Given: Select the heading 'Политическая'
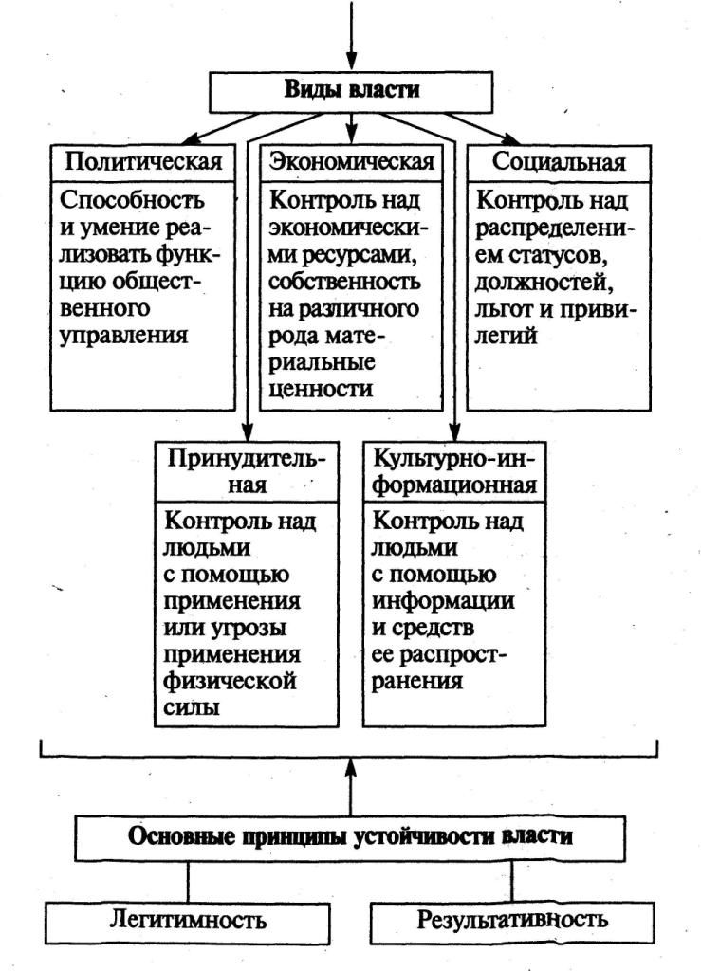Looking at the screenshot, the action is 143,161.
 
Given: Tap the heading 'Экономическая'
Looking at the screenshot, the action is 352,161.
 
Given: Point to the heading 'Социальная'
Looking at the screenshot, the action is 559,162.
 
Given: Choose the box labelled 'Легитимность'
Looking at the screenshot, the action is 188,920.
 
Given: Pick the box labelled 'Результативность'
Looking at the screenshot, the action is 512,920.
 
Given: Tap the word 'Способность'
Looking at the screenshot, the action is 132,201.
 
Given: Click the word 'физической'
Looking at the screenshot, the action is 230,682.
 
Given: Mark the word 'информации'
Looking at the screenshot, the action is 443,601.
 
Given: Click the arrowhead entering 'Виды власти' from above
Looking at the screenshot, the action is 351,61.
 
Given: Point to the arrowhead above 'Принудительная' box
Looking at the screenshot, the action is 248,431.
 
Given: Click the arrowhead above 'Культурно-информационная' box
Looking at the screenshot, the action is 455,431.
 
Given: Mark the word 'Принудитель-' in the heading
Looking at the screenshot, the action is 247,459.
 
